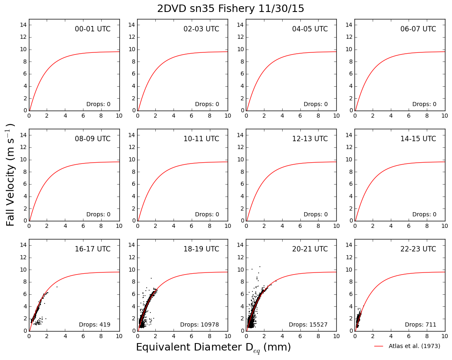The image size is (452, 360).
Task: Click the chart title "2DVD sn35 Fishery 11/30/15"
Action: click(x=231, y=8)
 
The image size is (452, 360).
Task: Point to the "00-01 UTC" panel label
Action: click(x=93, y=29)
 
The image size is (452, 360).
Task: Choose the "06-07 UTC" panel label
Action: click(x=418, y=29)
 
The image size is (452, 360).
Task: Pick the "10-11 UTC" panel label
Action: click(x=201, y=139)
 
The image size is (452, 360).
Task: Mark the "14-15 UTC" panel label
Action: click(x=418, y=139)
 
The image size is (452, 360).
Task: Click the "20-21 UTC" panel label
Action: click(x=310, y=249)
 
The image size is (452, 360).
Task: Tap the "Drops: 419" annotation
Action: click(x=95, y=324)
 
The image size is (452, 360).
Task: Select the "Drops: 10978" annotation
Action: click(x=200, y=324)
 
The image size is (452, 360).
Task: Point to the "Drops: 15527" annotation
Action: click(x=308, y=324)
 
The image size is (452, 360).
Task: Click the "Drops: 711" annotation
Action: click(x=421, y=324)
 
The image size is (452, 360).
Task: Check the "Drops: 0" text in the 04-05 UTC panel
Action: click(x=316, y=104)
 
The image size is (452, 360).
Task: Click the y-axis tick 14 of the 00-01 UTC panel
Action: click(x=24, y=25)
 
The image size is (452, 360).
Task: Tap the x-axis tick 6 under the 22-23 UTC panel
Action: click(x=409, y=336)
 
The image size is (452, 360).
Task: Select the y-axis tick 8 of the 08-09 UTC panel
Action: click(x=25, y=172)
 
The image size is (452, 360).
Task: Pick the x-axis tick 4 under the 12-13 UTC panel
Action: click(x=282, y=226)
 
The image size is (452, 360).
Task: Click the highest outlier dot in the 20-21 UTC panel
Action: click(x=260, y=267)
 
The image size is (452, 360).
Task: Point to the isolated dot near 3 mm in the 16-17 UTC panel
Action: click(x=57, y=287)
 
